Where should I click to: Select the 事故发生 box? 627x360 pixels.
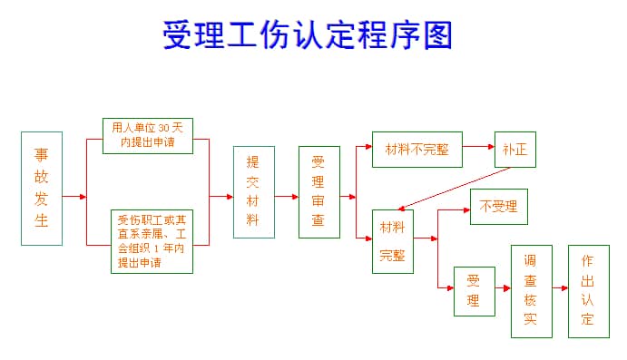point(42,189)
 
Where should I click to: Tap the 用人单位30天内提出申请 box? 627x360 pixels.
point(148,134)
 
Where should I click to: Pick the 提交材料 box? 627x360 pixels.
point(253,192)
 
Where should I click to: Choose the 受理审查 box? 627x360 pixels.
point(318,192)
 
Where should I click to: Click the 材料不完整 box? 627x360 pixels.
point(416,150)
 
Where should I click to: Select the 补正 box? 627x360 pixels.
point(514,150)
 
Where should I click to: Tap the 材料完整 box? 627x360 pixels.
point(393,240)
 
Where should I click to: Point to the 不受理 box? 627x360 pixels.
point(498,207)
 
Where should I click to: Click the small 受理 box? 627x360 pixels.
point(475,290)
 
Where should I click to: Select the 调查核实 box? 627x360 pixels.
point(531,290)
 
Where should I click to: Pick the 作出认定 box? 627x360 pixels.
point(588,290)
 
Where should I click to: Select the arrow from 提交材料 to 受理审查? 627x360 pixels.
point(287,196)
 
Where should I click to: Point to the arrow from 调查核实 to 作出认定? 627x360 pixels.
point(559,287)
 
